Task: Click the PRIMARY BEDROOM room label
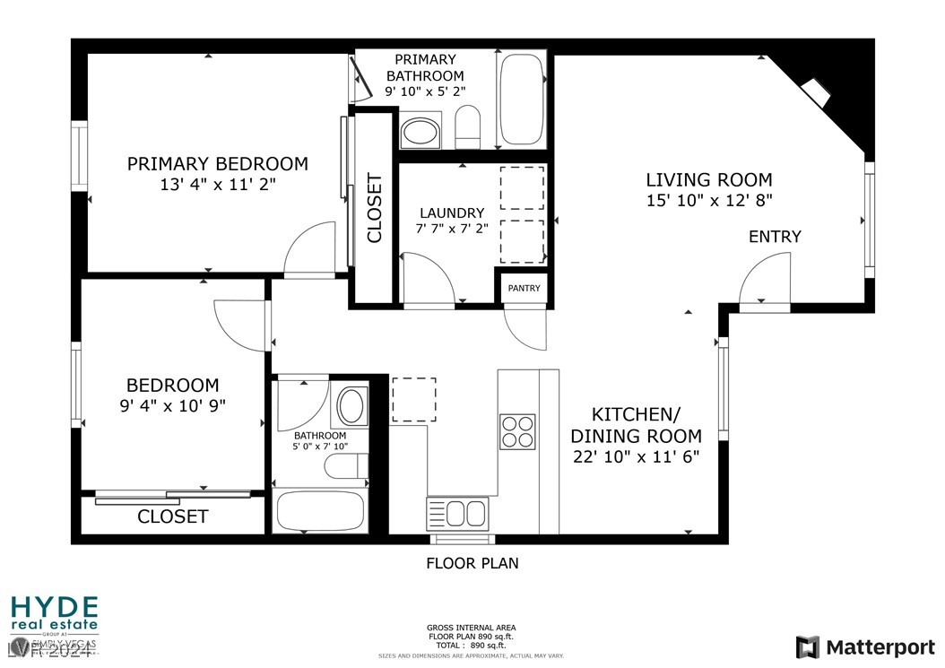point(217,164)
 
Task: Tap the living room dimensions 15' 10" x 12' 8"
point(708,200)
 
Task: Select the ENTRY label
point(775,237)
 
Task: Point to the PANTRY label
point(525,288)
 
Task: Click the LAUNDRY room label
point(452,213)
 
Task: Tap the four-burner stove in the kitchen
point(517,430)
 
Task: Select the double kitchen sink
point(457,514)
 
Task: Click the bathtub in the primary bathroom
point(522,100)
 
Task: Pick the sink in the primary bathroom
point(420,133)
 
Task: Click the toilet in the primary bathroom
point(469,126)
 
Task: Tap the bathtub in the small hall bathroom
point(320,511)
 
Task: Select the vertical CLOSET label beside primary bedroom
point(374,208)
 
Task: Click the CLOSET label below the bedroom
point(172,516)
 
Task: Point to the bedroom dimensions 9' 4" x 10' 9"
point(172,404)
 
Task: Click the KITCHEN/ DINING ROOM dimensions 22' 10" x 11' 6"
point(637,456)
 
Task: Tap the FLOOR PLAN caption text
point(472,563)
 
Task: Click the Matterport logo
point(865,646)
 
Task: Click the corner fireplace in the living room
point(818,92)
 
